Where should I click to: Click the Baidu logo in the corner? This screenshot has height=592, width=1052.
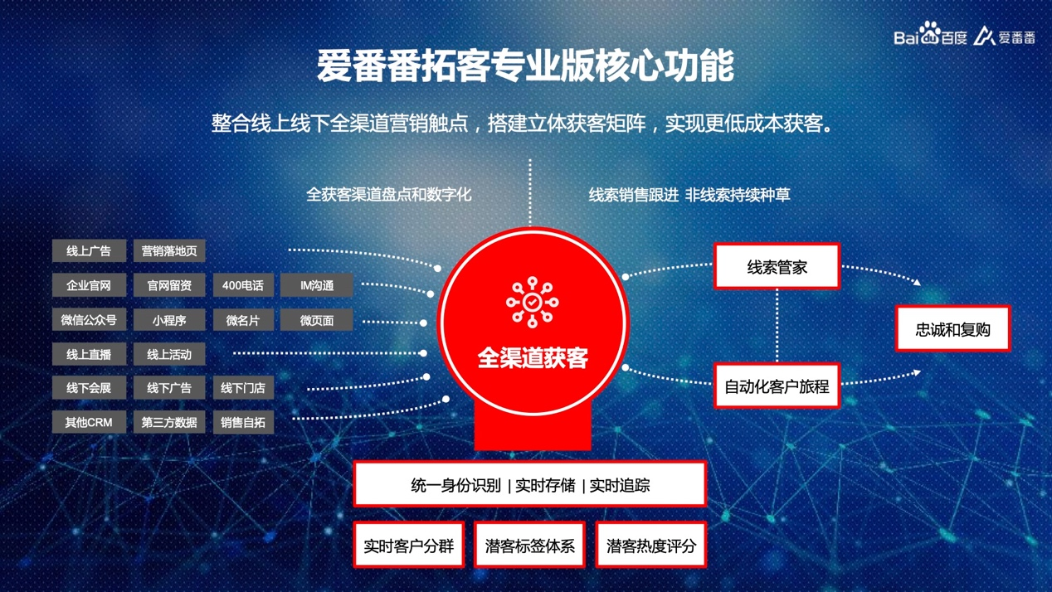tap(930, 34)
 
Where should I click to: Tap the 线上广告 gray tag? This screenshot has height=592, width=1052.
tap(89, 250)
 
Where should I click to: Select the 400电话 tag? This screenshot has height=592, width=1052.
tap(243, 285)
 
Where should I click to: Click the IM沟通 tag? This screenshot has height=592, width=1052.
tap(317, 285)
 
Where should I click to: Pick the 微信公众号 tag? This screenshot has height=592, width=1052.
tap(89, 320)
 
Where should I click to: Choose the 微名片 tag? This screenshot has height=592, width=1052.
tap(243, 320)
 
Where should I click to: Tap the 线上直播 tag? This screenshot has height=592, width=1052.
tap(89, 354)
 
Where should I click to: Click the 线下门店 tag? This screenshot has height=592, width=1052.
tap(243, 388)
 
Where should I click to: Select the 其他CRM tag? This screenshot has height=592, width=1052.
tap(89, 422)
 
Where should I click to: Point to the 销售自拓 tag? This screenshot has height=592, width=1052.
tap(243, 422)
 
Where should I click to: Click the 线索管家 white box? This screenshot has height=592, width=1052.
tap(777, 266)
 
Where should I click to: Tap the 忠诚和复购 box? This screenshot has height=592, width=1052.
tap(953, 328)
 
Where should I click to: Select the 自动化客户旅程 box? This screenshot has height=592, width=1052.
tap(777, 386)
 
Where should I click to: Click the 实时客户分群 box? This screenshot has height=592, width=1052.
tap(408, 545)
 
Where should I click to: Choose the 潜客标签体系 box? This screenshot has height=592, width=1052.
tap(530, 545)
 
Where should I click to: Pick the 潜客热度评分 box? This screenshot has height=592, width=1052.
tap(651, 545)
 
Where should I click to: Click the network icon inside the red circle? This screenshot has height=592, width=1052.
tap(532, 302)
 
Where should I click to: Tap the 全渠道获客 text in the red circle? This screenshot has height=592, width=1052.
tap(533, 357)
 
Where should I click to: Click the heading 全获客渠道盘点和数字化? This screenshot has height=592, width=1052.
tap(389, 194)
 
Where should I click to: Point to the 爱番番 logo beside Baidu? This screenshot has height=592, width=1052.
tap(1004, 36)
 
